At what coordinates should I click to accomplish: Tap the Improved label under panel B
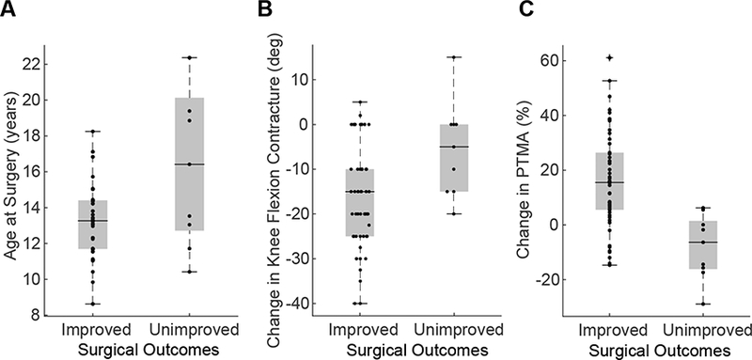click(x=359, y=331)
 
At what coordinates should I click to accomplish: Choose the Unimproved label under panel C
click(x=702, y=331)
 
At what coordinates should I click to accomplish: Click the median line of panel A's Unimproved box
click(x=189, y=164)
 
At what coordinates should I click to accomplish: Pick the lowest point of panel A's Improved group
click(x=92, y=304)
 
